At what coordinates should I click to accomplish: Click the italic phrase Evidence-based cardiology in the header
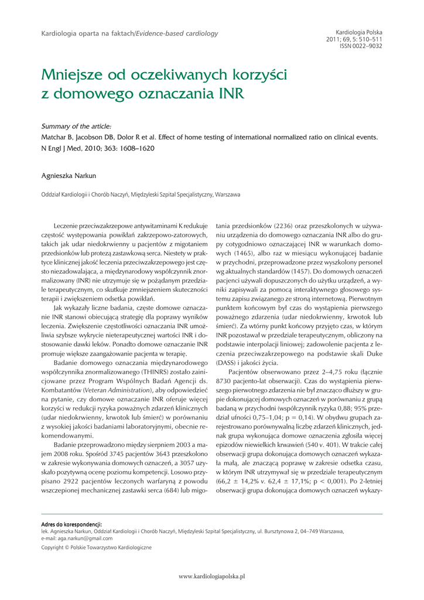pos(177,33)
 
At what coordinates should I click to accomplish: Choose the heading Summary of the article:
pos(76,126)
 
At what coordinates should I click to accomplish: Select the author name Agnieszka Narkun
pos(69,175)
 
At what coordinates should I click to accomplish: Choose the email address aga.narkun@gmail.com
pos(83,538)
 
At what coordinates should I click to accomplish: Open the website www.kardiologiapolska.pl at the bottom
pos(211,577)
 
